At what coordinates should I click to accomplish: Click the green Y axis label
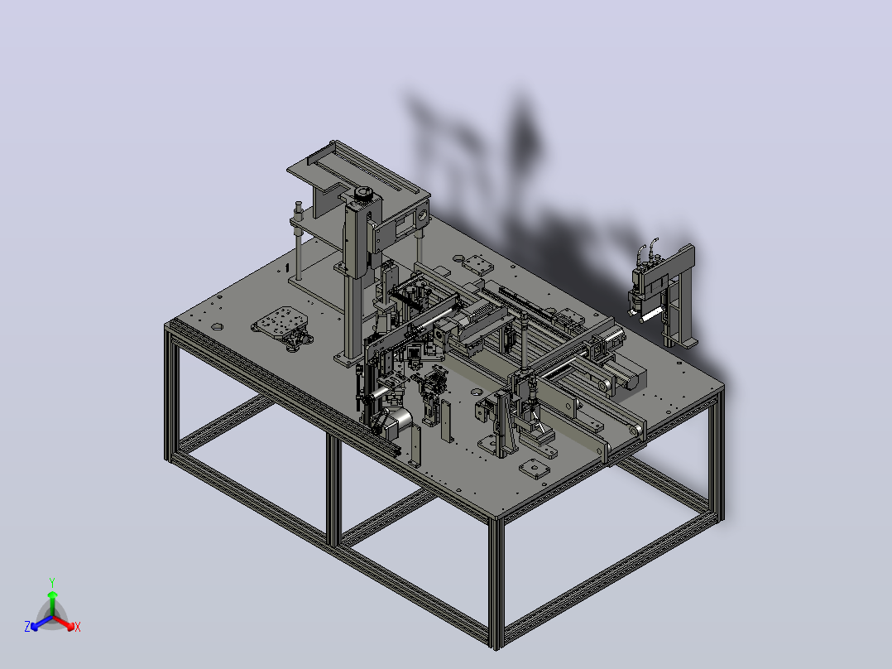click(52, 582)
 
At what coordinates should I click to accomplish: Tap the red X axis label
click(78, 627)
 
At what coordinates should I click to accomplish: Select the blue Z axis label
click(27, 626)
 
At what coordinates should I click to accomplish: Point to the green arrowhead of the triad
click(52, 594)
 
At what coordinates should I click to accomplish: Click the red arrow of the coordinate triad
click(64, 623)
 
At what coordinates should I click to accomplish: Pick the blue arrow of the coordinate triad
click(41, 623)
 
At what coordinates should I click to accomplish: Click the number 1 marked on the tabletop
click(287, 267)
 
